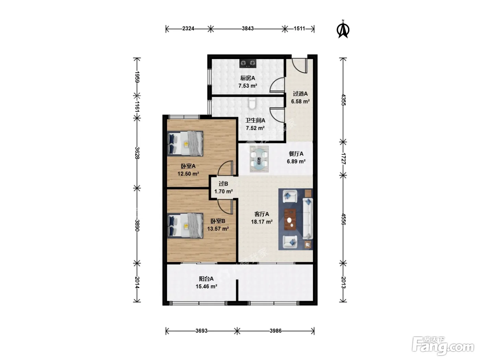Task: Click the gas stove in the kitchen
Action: pos(248,63)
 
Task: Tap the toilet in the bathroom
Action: pos(252,104)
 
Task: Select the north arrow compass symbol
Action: pos(343,29)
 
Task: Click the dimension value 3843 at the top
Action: pos(248,29)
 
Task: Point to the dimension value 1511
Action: pos(299,29)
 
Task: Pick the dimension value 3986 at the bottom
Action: pos(276,331)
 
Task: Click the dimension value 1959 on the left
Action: pos(137,77)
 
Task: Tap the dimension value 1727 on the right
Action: pos(343,159)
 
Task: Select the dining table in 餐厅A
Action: pos(259,159)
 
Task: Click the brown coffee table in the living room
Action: pos(290,219)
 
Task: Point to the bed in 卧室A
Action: pos(185,143)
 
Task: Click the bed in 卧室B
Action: pos(185,226)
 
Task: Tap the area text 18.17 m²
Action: pos(262,222)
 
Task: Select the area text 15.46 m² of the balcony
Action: pos(206,287)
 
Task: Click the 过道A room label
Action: pos(300,94)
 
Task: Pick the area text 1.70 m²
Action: pos(224,192)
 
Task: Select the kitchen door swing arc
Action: pos(277,84)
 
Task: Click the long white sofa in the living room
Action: pos(308,219)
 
